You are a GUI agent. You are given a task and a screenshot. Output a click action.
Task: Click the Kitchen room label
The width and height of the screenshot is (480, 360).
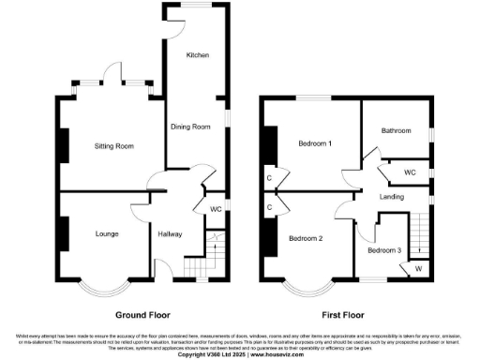(x=197, y=55)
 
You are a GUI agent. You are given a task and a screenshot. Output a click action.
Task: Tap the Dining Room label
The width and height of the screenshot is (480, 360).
(x=189, y=127)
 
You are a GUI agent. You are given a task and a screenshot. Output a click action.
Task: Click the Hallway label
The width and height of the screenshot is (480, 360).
(x=170, y=233)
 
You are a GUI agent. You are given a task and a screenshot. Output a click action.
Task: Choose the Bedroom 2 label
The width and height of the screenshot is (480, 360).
(x=306, y=238)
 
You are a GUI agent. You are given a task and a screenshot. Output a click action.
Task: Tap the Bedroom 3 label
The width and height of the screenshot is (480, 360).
(x=383, y=250)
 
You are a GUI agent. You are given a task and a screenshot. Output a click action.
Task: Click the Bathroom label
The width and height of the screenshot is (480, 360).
(x=397, y=131)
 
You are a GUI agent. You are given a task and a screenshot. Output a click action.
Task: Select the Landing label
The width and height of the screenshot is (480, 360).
(x=392, y=197)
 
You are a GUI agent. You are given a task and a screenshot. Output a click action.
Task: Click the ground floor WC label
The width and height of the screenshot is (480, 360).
(x=215, y=208)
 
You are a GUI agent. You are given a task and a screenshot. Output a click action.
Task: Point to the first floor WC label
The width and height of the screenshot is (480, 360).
(x=410, y=173)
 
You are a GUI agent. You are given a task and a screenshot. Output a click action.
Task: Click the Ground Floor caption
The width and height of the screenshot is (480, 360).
(x=143, y=315)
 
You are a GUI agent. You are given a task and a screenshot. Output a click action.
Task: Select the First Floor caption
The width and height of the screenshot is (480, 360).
(x=344, y=315)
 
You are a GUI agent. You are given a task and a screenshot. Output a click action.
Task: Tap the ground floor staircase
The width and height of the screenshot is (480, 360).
(x=217, y=251)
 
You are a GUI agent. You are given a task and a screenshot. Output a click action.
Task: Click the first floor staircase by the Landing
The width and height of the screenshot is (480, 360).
(x=418, y=234)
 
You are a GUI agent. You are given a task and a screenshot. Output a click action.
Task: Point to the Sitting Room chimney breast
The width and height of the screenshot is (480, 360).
(x=64, y=145)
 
